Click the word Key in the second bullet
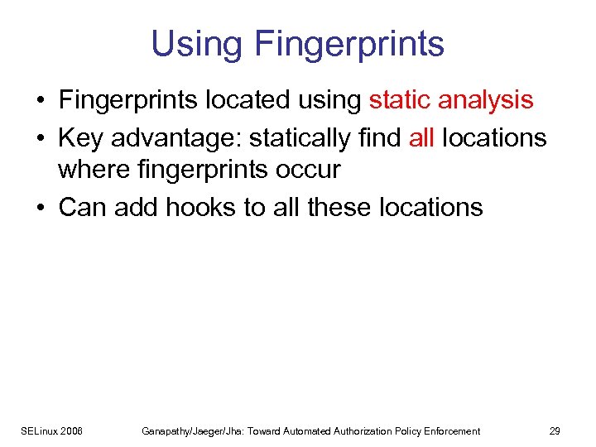(x=81, y=137)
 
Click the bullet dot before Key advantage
(x=40, y=137)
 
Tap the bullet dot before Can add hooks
(x=40, y=207)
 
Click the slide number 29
(x=555, y=430)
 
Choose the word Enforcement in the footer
(x=451, y=430)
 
